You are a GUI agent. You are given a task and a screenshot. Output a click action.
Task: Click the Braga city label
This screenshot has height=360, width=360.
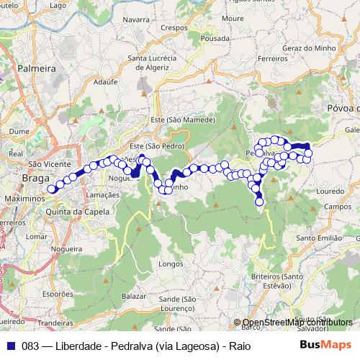[36, 179]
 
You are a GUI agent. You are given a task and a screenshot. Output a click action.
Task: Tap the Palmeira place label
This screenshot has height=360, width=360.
[38, 68]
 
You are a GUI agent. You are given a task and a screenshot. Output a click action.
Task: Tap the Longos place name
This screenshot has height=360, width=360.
[171, 264]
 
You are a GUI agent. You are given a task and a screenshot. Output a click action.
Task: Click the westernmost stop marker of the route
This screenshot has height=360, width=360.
[51, 190]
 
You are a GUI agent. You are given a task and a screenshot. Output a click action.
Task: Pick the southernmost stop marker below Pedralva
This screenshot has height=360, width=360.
[259, 202]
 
